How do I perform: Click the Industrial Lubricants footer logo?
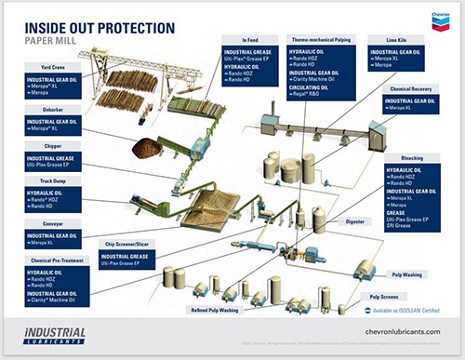[x=55, y=334]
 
